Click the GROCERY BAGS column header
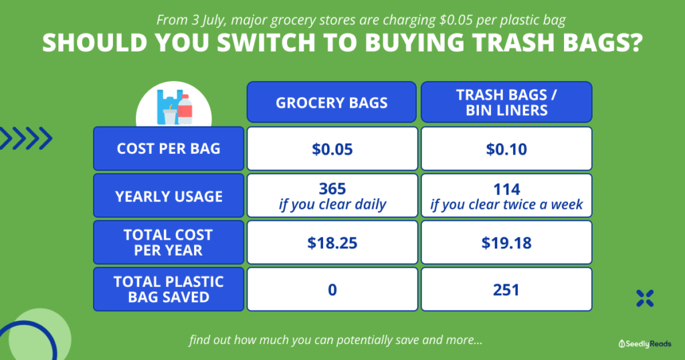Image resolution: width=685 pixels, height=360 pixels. point(332,102)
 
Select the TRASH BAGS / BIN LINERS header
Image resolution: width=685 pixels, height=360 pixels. point(506,102)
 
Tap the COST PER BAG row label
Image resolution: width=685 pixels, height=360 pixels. point(169,149)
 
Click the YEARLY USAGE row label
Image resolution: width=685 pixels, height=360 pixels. point(169,195)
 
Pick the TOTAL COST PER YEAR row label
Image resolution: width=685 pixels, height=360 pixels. point(169,242)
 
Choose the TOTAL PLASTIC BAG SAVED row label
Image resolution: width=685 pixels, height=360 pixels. point(169,289)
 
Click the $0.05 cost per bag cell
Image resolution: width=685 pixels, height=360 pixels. point(332,149)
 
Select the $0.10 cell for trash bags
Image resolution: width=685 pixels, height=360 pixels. point(506,149)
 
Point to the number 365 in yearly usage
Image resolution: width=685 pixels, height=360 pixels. point(332,189)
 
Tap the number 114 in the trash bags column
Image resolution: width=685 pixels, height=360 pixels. point(506,189)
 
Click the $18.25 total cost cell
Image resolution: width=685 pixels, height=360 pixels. point(332,242)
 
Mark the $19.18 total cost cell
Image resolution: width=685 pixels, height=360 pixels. point(506,242)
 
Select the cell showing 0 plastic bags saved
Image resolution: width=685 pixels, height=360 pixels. point(332,289)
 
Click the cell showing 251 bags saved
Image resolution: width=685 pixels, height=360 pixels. point(506,289)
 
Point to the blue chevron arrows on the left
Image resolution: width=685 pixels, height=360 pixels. point(25,139)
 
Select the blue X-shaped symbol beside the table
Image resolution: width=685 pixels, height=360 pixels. point(645,298)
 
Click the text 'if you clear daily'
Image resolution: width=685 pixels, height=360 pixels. point(332,205)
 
